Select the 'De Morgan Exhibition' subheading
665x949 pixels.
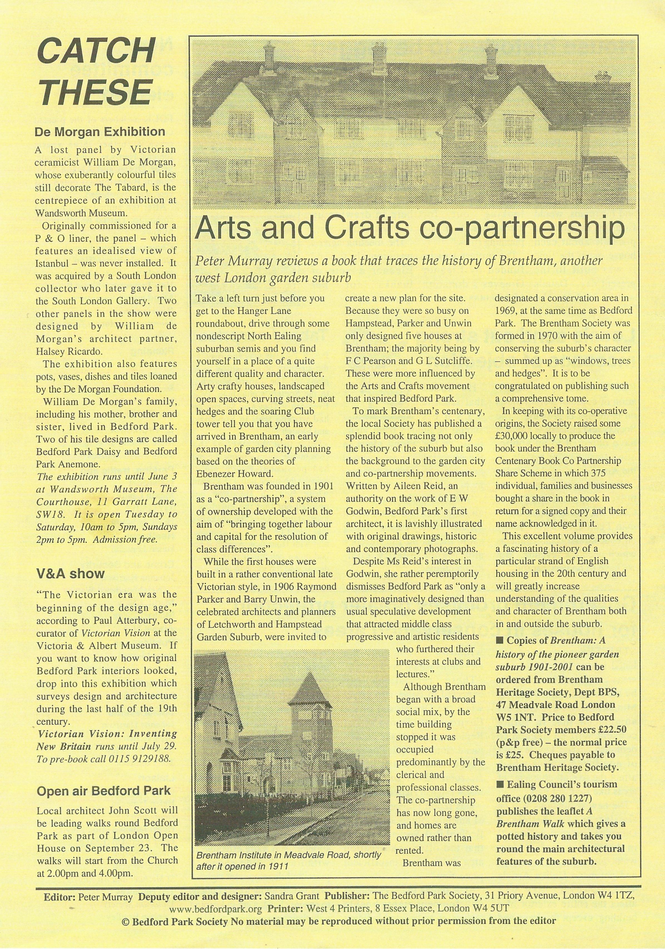[100, 132]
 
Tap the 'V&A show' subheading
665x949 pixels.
[71, 574]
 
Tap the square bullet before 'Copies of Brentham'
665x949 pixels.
[499, 641]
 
